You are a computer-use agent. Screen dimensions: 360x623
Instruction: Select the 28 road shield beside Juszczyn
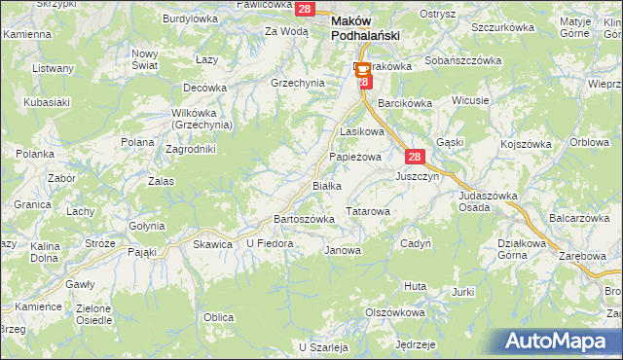415,157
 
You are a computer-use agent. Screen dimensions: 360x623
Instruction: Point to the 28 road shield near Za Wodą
305,9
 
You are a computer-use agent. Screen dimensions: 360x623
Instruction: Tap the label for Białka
326,185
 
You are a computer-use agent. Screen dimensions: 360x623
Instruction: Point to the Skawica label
213,244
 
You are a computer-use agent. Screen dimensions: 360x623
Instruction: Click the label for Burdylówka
190,18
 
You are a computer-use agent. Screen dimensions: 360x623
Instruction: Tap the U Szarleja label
324,347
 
